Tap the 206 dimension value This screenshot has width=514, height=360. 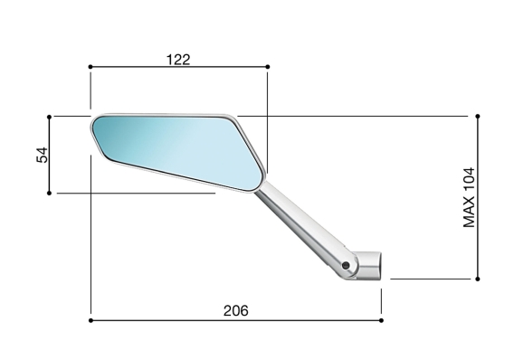point(235,310)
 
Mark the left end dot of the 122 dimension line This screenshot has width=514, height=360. point(90,66)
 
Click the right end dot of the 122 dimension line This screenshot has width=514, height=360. point(268,66)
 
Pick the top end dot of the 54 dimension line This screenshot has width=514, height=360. point(49,116)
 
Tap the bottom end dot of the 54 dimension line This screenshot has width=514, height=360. point(49,192)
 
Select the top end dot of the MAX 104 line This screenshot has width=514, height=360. point(477,116)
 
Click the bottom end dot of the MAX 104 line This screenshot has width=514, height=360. point(477,279)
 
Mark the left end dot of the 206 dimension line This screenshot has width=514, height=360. point(90,319)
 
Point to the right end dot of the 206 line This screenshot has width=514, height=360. point(381,319)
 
